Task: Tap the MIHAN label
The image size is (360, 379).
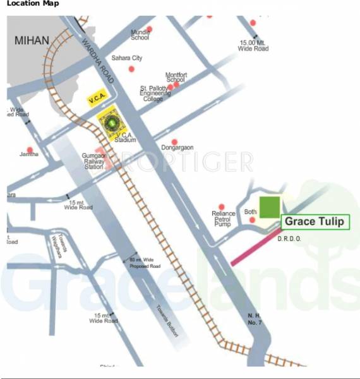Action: pos(31,40)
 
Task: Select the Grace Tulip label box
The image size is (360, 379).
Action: pos(316,222)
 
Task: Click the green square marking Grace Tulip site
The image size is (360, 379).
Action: pos(270,207)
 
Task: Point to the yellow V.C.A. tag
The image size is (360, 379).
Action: pos(98,99)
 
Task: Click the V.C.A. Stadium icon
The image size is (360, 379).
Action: pos(111,121)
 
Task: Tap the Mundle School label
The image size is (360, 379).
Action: pos(140,34)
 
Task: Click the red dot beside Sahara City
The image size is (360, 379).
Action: pos(131,68)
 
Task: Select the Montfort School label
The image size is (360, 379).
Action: pos(175,77)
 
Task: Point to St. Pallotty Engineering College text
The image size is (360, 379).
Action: pos(155,93)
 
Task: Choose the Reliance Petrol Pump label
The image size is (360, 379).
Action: pos(224,218)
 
